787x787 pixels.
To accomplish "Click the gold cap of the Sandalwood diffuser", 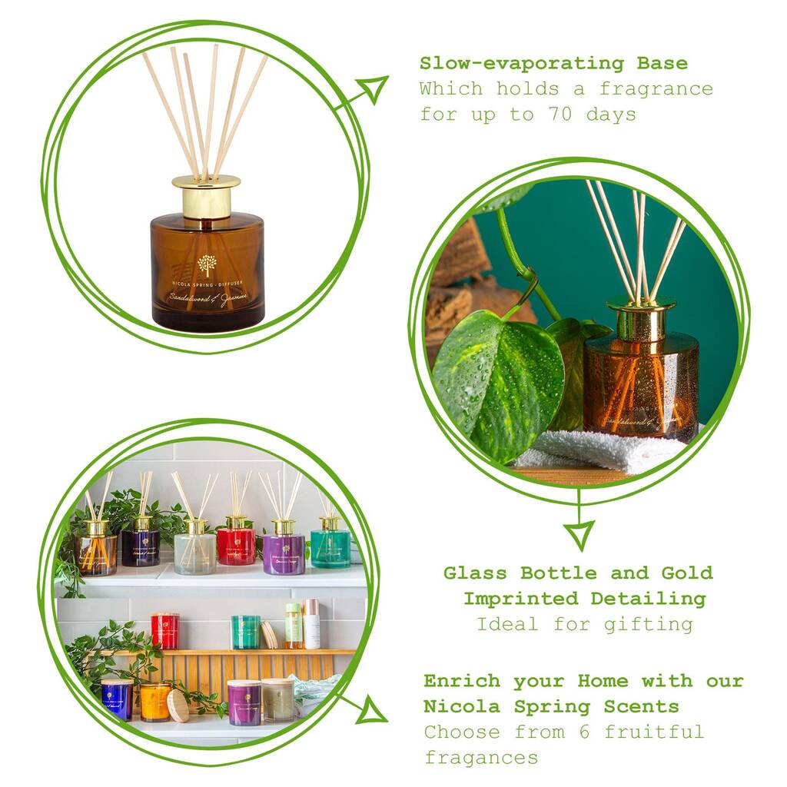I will click(x=206, y=196).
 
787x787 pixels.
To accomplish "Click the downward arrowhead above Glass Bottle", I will click(x=578, y=532).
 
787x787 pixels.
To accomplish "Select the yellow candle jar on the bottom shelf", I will click(x=155, y=701).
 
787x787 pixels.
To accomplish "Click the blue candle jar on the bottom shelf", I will click(x=117, y=698).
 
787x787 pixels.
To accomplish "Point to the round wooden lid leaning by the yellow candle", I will click(x=178, y=706).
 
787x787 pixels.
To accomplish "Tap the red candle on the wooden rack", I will click(x=164, y=631).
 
